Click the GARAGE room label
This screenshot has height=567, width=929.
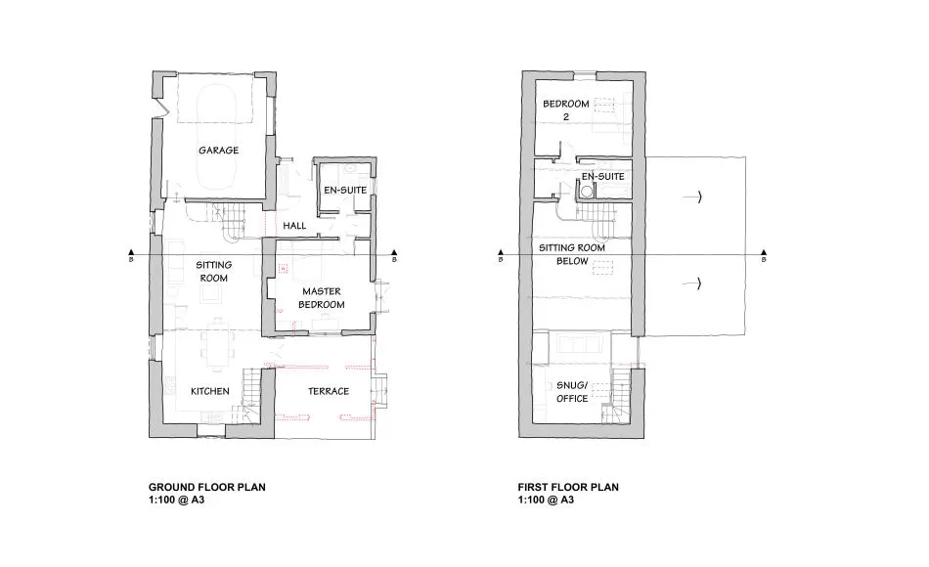[x=219, y=151]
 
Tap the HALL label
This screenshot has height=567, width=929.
[x=294, y=226]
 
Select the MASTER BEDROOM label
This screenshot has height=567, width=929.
[x=321, y=298]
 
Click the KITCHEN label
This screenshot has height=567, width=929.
[x=209, y=391]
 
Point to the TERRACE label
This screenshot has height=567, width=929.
[x=329, y=391]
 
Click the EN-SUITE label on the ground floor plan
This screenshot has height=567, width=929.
[x=345, y=191]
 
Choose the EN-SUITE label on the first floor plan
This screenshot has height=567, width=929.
[x=602, y=177]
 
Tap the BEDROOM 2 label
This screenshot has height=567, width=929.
[x=566, y=110]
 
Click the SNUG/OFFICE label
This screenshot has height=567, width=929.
[x=572, y=392]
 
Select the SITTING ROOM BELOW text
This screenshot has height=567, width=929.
[x=572, y=255]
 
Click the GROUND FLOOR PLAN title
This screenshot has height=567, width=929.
[x=206, y=487]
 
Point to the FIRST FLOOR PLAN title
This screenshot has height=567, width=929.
[x=568, y=487]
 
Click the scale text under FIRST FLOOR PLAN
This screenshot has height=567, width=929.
[x=546, y=500]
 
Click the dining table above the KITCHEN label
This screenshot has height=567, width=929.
[x=217, y=345]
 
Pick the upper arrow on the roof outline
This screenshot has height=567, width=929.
[x=692, y=196]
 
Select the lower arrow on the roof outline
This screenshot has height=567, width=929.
[x=692, y=284]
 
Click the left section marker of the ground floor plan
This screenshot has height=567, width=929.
[x=131, y=252]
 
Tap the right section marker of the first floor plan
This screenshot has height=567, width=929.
[x=764, y=252]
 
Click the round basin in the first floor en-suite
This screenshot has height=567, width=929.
[x=587, y=192]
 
